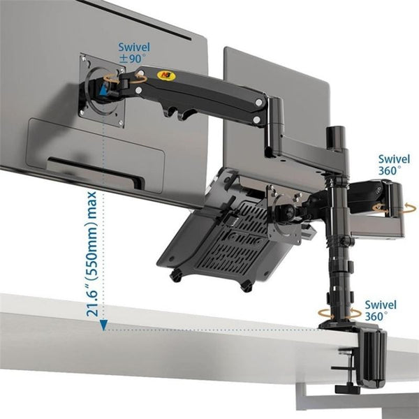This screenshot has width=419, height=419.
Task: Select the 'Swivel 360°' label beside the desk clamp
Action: pyautogui.click(x=380, y=311)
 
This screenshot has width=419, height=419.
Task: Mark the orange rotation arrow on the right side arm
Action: pyautogui.click(x=381, y=208)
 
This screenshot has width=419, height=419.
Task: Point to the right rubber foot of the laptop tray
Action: pyautogui.click(x=246, y=284)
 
